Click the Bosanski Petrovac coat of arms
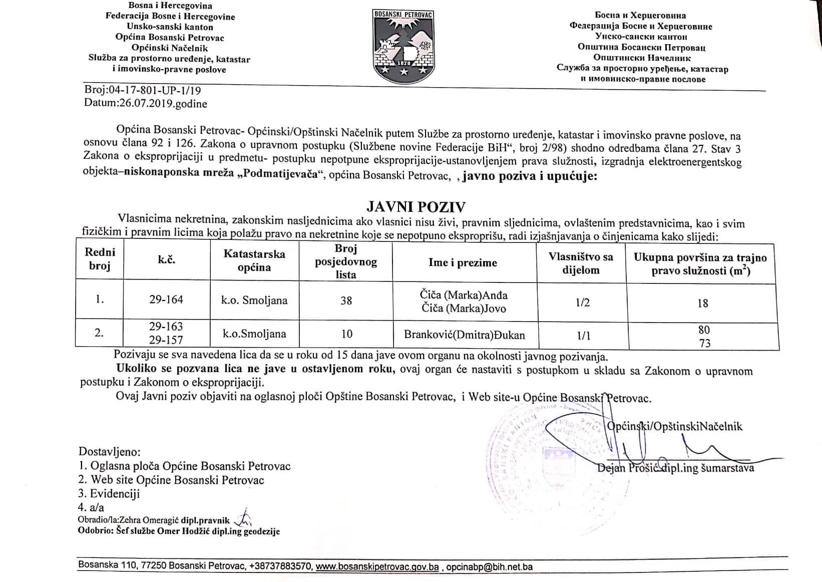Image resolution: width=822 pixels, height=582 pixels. (403, 45)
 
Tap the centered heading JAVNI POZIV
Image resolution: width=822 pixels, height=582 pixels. (416, 207)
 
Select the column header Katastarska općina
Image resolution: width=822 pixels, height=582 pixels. (254, 260)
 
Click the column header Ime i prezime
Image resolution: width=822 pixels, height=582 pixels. (463, 262)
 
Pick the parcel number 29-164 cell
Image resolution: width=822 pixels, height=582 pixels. (166, 300)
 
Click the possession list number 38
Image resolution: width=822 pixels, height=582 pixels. (346, 301)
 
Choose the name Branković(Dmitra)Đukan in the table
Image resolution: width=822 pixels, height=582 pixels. (464, 335)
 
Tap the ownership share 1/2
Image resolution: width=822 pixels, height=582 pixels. (583, 303)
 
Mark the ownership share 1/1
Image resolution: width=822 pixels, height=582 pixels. (583, 336)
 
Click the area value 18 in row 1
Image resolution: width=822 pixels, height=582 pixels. (703, 303)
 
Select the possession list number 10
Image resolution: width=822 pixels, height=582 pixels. (346, 334)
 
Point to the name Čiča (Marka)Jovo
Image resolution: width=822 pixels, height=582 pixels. (464, 308)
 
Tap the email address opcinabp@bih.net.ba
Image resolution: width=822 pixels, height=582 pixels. (489, 567)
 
